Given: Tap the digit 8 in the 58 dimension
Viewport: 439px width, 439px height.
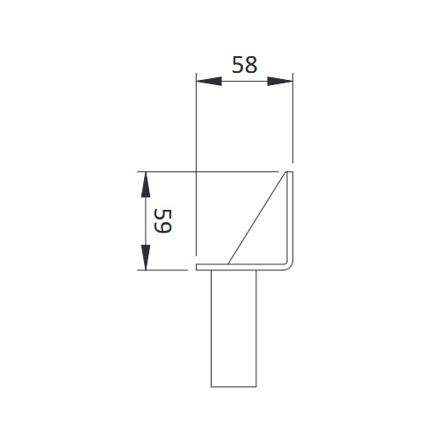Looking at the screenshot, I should (253, 65).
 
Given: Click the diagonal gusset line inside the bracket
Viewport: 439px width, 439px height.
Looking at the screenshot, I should (258, 219).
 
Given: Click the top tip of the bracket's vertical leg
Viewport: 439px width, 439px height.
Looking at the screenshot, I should (290, 172).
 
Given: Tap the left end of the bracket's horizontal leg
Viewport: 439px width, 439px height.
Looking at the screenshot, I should (198, 266).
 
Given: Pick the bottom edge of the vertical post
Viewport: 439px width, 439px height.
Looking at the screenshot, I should (233, 387).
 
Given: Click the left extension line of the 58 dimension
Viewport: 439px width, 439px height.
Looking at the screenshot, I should (195, 132).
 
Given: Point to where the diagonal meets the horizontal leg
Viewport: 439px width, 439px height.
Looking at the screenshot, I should (230, 263).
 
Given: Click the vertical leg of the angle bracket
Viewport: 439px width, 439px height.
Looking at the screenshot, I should (290, 219).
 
